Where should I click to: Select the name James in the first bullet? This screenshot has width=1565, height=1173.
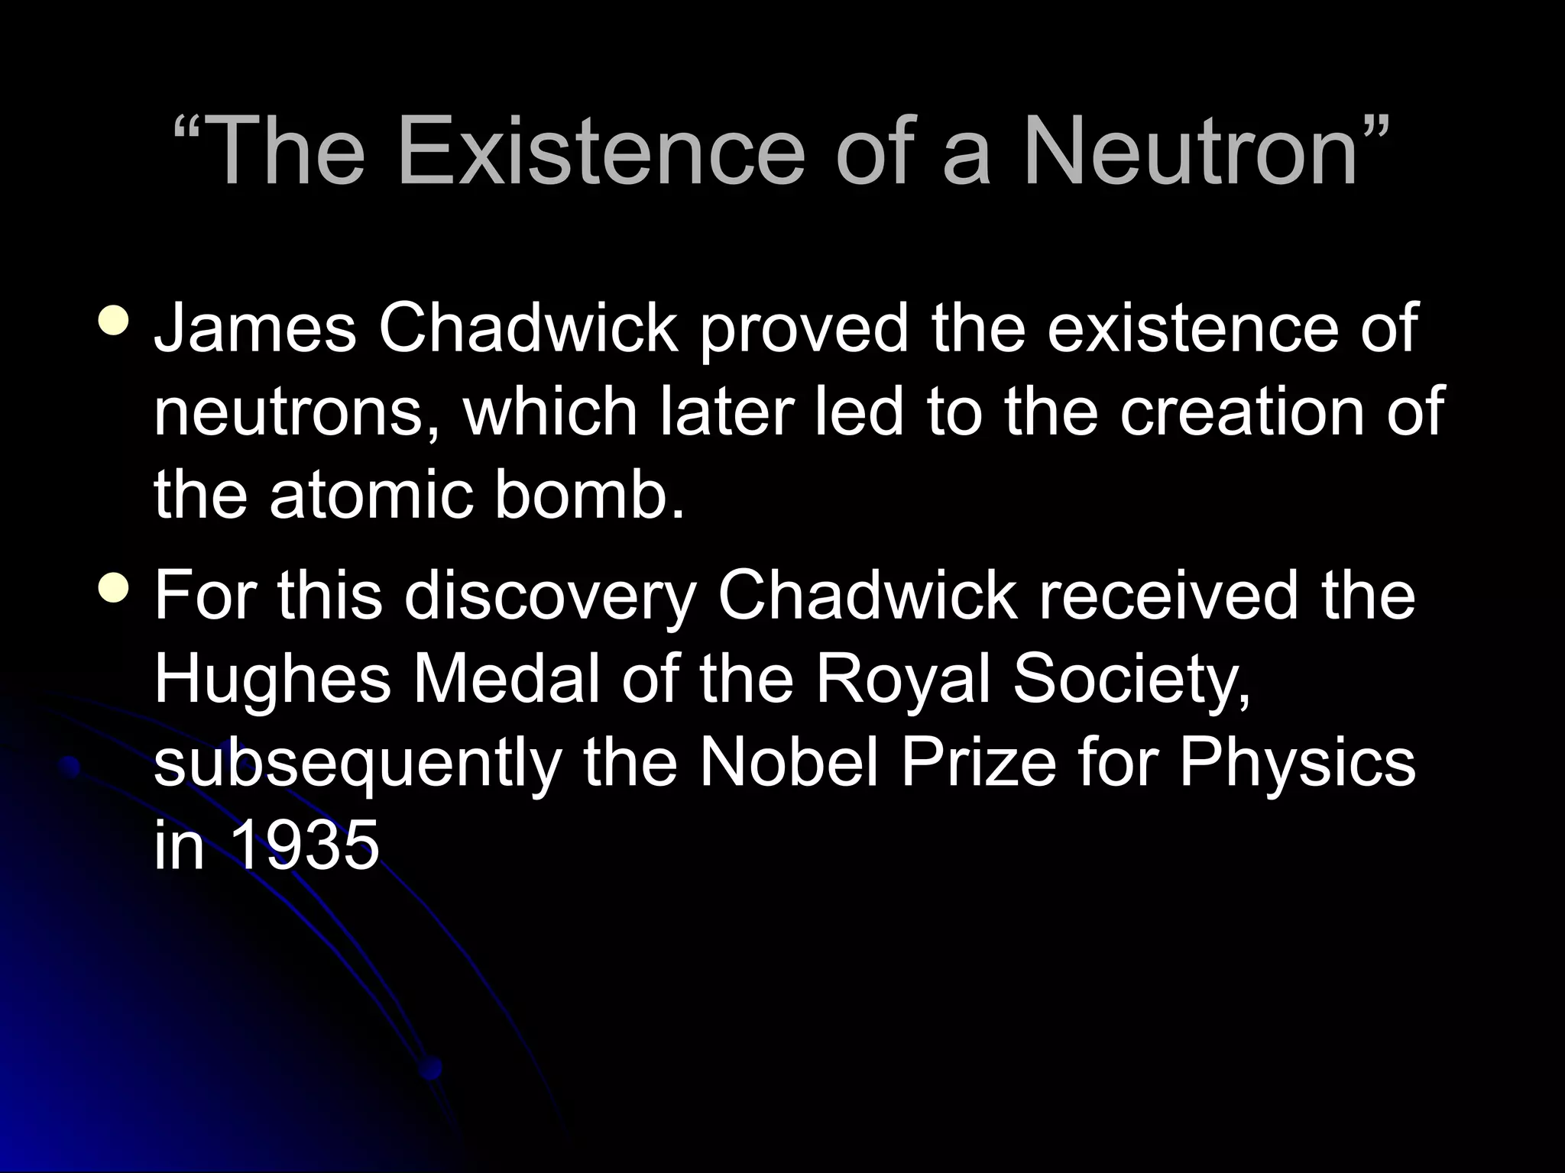pyautogui.click(x=254, y=328)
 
